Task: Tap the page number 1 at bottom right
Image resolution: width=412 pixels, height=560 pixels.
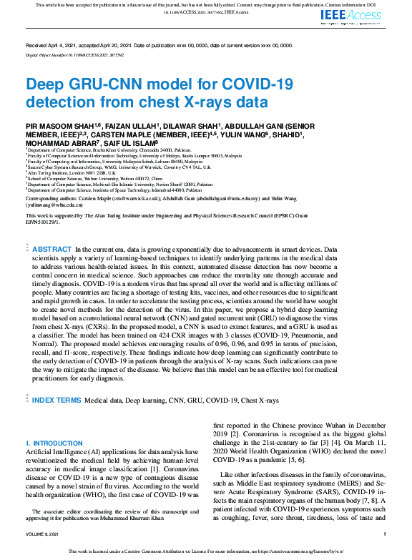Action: point(385,534)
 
